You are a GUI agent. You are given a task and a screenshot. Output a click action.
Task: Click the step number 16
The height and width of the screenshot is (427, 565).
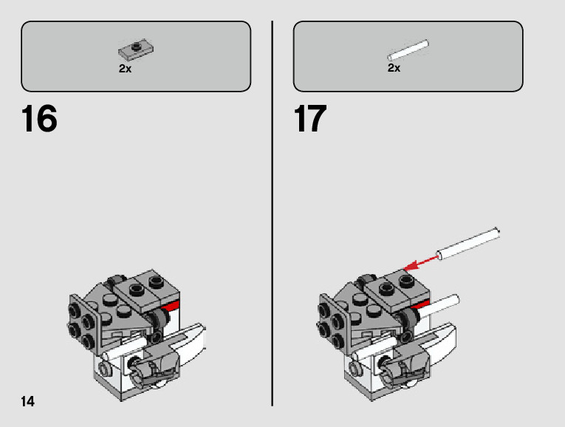click(39, 120)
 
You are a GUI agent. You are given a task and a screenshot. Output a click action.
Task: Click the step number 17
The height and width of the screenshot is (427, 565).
click(310, 120)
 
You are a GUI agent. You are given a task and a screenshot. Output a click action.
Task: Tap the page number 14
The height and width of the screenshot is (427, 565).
click(27, 402)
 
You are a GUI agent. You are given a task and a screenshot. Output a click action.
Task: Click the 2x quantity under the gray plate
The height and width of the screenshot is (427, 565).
click(125, 68)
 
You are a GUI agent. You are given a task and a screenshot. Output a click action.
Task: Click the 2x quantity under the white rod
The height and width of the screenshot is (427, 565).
click(394, 68)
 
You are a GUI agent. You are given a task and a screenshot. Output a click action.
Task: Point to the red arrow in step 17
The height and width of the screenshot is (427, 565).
click(419, 261)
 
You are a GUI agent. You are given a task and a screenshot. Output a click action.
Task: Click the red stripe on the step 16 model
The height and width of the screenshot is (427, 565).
click(171, 306)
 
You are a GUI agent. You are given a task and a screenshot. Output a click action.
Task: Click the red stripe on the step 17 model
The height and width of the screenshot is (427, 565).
click(422, 304)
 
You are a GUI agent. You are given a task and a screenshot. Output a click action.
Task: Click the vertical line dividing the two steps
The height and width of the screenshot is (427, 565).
click(273, 213)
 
